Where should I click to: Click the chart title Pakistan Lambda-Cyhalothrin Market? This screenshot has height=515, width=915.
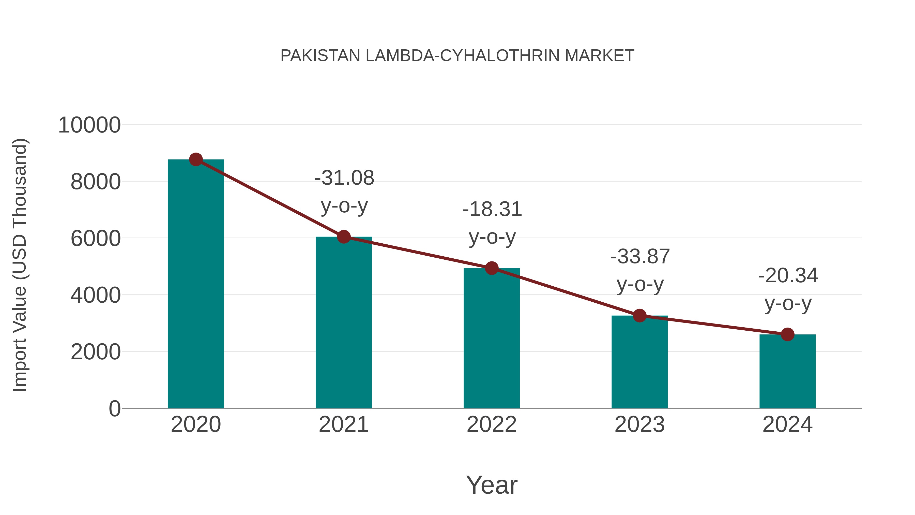coord(457,56)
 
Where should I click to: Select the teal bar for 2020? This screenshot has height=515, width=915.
coord(196,284)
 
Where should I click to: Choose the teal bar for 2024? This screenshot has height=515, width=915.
coord(787,371)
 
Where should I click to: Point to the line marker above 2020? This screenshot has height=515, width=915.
coord(196,159)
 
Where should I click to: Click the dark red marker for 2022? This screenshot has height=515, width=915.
coord(492,268)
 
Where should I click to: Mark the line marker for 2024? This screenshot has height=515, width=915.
coord(787,334)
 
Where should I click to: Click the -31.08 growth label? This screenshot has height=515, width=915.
coord(344,178)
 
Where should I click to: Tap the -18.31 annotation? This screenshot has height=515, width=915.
coord(492,209)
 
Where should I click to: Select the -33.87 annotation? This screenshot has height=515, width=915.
coord(640,257)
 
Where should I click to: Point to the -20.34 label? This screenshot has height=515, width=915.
coord(788,276)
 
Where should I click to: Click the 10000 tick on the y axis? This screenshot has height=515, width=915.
coord(89,125)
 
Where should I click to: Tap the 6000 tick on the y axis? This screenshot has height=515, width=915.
coord(96,239)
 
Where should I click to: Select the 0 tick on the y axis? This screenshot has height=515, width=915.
coord(114,409)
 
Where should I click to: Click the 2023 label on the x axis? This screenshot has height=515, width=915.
coord(639,425)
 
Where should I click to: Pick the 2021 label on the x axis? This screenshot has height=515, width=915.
coord(343,425)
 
